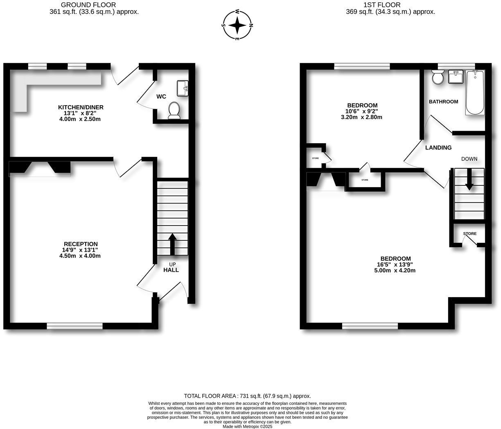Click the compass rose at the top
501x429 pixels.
click(237, 25)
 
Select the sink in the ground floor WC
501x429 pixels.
click(183, 88)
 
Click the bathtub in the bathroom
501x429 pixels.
click(475, 93)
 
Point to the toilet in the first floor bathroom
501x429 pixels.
click(438, 77)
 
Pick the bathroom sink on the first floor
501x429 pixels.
click(455, 77)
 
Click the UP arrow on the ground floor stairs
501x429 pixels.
click(172, 244)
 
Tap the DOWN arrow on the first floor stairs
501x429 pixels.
click(469, 181)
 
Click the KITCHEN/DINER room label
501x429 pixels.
click(81, 107)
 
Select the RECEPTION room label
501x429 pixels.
click(81, 244)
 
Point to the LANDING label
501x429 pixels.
click(438, 148)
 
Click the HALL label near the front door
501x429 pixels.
click(171, 270)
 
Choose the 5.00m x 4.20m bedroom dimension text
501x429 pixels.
click(395, 270)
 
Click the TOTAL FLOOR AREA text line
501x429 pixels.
click(247, 396)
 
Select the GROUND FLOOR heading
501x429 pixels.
click(94, 5)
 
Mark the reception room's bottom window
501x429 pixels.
click(74, 326)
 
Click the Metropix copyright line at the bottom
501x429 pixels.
click(247, 426)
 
